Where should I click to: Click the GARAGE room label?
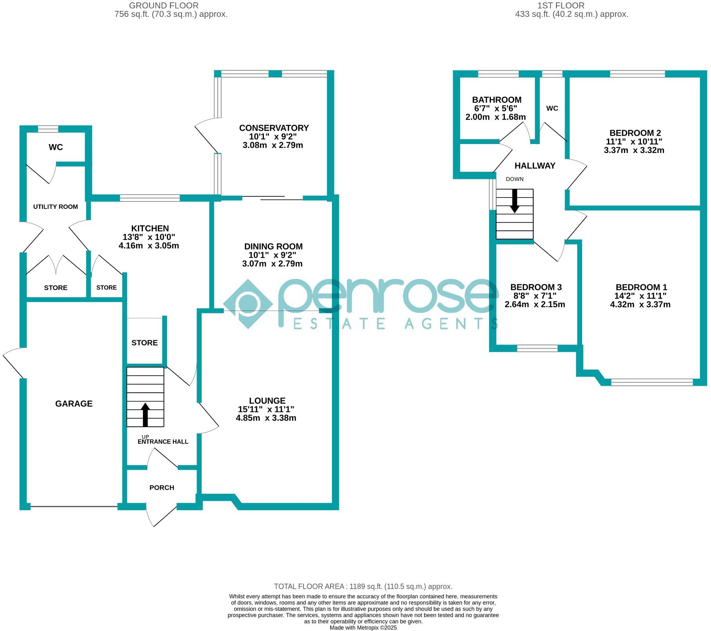[x=74, y=403]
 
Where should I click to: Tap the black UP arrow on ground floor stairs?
[x=145, y=414]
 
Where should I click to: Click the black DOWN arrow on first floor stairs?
[x=514, y=201]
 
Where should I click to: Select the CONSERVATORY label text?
[x=274, y=128]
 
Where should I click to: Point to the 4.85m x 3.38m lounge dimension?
[x=266, y=418]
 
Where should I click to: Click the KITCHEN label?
[x=150, y=228]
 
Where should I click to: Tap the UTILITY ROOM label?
[x=55, y=207]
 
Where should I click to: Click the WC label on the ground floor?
[x=56, y=147]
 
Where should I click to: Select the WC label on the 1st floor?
[x=552, y=108]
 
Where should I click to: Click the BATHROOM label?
[x=496, y=100]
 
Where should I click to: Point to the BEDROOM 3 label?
[x=536, y=287]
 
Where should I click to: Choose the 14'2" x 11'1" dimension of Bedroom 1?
[x=641, y=296]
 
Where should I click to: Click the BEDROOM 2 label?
[x=635, y=133]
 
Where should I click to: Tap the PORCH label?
[x=162, y=487]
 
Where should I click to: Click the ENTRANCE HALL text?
[x=163, y=442]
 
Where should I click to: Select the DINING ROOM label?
[x=273, y=246]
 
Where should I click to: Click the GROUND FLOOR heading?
[x=164, y=5]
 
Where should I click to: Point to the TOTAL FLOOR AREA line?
[x=363, y=586]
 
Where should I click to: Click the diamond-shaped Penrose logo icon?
[x=248, y=304]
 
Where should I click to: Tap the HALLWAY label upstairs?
[x=535, y=165]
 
